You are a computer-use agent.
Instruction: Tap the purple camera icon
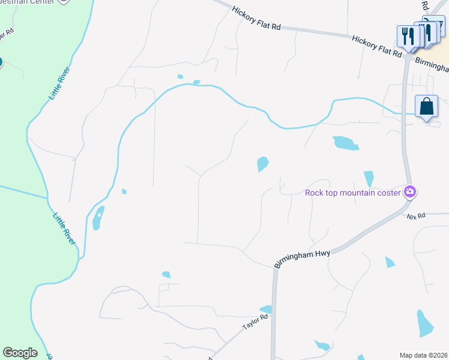coord(411,192)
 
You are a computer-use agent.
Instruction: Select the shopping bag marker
coord(426,107)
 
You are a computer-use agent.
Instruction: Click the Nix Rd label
coord(415,215)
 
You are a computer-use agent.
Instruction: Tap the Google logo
coord(20,353)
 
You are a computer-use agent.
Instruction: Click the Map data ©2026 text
coord(423,355)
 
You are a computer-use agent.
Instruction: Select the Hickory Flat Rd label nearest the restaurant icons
coord(376,46)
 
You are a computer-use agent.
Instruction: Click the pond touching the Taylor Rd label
coord(266,310)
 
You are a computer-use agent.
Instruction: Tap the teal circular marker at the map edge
coord(1,62)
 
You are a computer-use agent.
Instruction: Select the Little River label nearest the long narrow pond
coord(65,228)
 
